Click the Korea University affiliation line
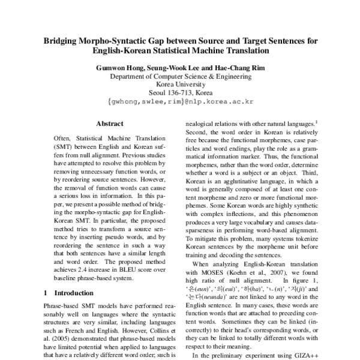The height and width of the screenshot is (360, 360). [180, 85]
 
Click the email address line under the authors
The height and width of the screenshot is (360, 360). [180, 102]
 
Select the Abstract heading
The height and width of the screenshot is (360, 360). [109, 124]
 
